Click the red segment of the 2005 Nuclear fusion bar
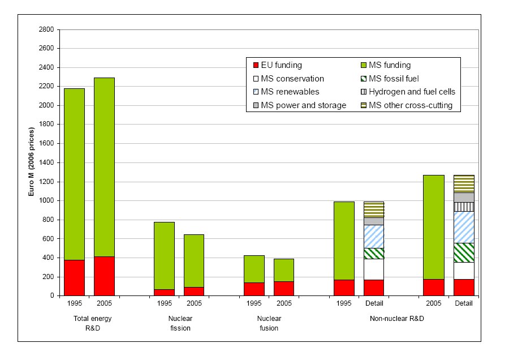[284, 288]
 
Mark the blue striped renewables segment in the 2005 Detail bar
[464, 227]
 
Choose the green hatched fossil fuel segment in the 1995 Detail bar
[374, 254]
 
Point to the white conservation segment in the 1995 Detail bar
[374, 269]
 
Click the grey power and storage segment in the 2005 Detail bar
[464, 198]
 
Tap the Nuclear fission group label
[179, 323]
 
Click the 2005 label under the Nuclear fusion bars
[284, 303]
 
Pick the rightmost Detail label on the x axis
[464, 303]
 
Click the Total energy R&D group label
[92, 323]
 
